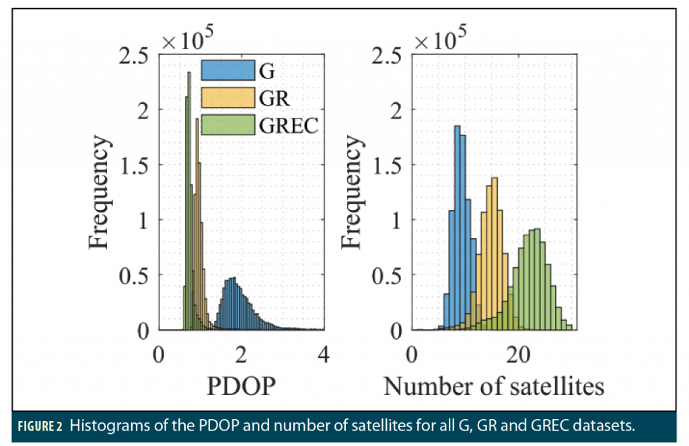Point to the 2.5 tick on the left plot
135,56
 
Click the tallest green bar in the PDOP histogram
188,202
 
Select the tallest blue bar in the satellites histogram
458,229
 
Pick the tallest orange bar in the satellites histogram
495,256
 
